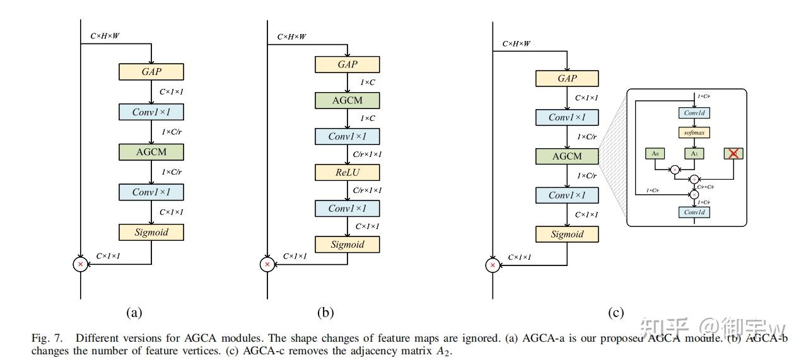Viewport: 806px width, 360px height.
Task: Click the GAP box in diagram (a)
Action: pos(151,71)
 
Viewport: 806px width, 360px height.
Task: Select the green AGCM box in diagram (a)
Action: pos(151,151)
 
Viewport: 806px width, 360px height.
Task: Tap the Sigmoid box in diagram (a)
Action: pos(151,232)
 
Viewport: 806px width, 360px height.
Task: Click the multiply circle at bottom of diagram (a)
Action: pos(81,265)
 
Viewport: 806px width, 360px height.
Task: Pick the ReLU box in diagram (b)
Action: pos(348,173)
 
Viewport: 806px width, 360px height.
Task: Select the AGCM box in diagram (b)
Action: pos(348,100)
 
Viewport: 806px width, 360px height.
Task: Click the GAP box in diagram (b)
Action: pos(348,64)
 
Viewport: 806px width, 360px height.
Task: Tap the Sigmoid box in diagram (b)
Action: pos(348,245)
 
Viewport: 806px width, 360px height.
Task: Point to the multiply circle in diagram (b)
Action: pos(267,265)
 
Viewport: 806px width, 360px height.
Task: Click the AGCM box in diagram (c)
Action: pos(567,156)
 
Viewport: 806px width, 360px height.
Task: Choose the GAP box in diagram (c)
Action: pos(567,78)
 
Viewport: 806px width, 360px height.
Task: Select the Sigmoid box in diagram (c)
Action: pos(567,234)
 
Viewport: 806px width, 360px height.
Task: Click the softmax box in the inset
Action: pos(694,133)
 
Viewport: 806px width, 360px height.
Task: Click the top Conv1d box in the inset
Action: pos(694,113)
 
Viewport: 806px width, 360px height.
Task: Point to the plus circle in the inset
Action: pos(694,179)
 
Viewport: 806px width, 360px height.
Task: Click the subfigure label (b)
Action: pos(325,312)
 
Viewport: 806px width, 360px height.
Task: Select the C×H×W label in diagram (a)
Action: pos(104,36)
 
